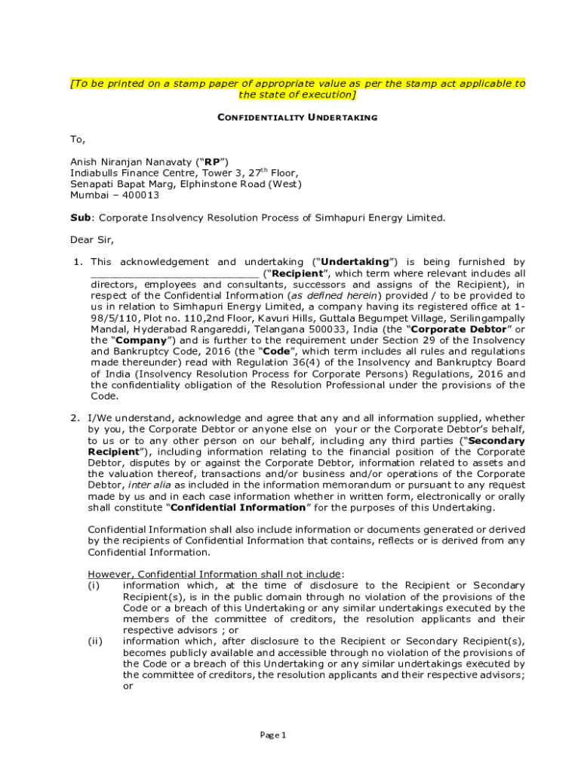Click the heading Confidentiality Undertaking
point(297,118)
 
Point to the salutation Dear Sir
point(92,240)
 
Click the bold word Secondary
point(498,440)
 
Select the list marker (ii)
point(95,642)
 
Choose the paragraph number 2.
point(75,417)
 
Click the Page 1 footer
point(273,735)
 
